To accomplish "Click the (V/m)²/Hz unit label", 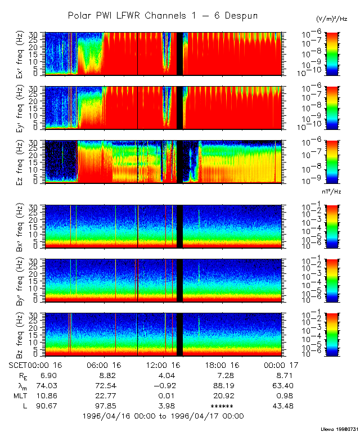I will click(331, 19).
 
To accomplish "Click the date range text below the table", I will click(163, 416).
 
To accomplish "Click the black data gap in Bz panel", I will click(179, 335).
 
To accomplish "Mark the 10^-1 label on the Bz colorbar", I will click(313, 314).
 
